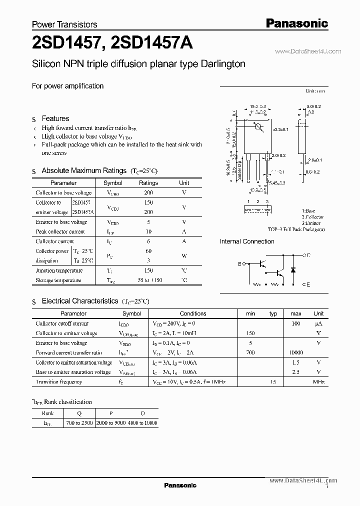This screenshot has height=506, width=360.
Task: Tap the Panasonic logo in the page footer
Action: click(x=180, y=485)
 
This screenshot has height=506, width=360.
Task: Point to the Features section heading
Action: click(x=55, y=118)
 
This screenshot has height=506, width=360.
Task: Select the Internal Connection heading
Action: click(x=247, y=241)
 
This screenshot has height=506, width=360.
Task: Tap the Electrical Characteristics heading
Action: click(x=80, y=301)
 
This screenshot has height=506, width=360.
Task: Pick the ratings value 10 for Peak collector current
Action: click(x=148, y=231)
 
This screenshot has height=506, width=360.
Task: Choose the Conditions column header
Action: click(x=192, y=313)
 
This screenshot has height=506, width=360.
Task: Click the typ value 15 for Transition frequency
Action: click(x=273, y=382)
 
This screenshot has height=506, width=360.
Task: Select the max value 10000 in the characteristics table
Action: click(x=295, y=352)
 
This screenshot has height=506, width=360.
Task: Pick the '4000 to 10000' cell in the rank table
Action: click(x=143, y=423)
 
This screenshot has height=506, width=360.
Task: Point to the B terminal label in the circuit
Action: click(x=239, y=263)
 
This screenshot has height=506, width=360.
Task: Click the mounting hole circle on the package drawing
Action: click(x=258, y=127)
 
